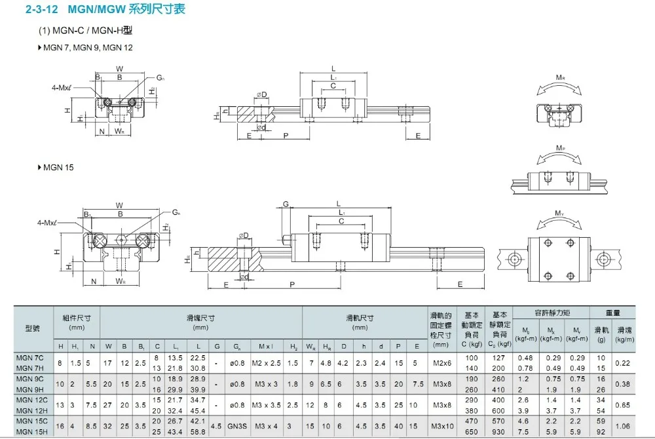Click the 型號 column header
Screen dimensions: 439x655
pyautogui.click(x=32, y=328)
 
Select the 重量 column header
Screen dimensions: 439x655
pyautogui.click(x=613, y=313)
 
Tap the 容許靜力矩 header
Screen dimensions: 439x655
pyautogui.click(x=552, y=313)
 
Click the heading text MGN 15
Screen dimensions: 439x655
pyautogui.click(x=58, y=167)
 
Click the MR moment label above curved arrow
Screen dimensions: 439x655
pyautogui.click(x=560, y=78)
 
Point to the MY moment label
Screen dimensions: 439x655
pyautogui.click(x=560, y=213)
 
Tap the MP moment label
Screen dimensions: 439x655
pyautogui.click(x=560, y=149)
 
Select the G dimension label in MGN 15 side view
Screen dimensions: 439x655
pyautogui.click(x=286, y=204)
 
